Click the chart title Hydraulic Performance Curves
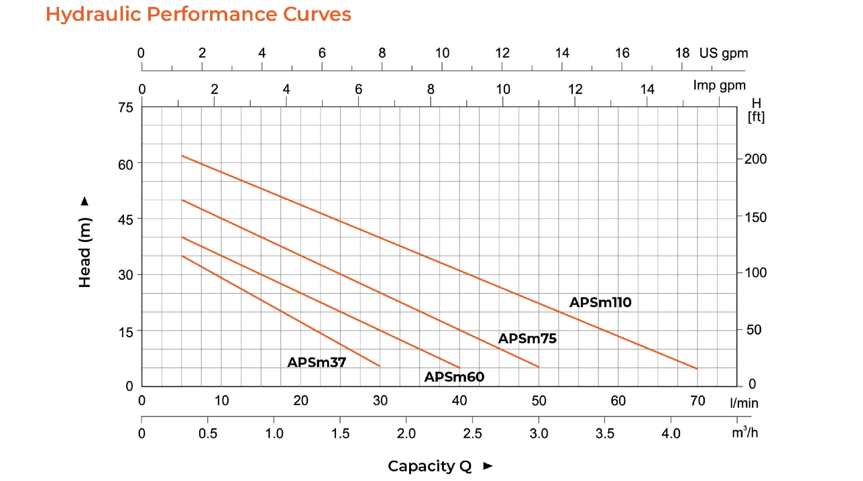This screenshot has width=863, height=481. [198, 15]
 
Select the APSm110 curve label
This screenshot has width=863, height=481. [600, 302]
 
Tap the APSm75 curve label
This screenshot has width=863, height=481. [527, 339]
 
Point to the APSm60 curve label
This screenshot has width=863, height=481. [454, 377]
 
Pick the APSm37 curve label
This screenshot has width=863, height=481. [317, 362]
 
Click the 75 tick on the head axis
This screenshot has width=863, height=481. [126, 108]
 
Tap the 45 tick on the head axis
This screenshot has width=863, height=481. [126, 220]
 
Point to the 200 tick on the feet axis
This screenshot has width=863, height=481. [755, 159]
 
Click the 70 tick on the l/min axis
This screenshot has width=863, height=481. [698, 401]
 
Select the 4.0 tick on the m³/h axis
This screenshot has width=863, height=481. [671, 434]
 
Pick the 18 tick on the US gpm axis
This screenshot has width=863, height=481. [682, 53]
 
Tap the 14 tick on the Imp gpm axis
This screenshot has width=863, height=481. [647, 89]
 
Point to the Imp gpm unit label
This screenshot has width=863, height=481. [719, 86]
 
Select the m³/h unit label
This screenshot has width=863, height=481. [744, 432]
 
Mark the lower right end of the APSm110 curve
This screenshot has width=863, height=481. [697, 369]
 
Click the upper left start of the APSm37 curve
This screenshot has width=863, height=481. [182, 256]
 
